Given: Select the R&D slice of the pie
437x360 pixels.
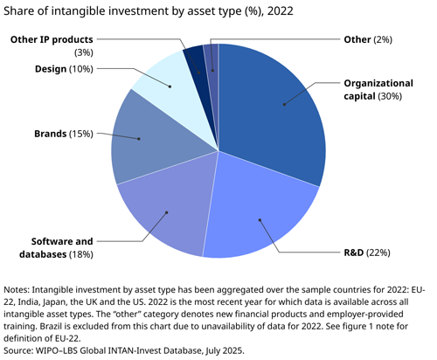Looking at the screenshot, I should point(262,210).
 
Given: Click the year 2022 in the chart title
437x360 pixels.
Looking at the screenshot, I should point(279,10).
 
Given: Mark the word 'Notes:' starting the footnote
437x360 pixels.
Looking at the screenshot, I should point(22,289).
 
